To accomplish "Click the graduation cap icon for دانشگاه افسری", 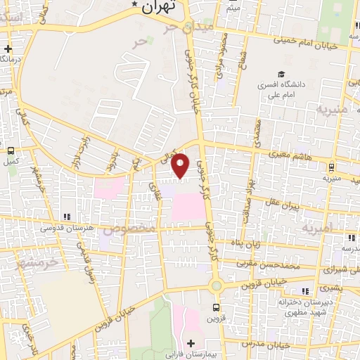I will (x=281, y=75).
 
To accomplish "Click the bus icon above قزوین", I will (x=216, y=307).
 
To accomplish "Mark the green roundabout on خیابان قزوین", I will (x=216, y=285).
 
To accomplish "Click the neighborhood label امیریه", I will (x=316, y=229).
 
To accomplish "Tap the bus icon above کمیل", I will (x=11, y=150).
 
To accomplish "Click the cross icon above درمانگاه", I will (x=8, y=49).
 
